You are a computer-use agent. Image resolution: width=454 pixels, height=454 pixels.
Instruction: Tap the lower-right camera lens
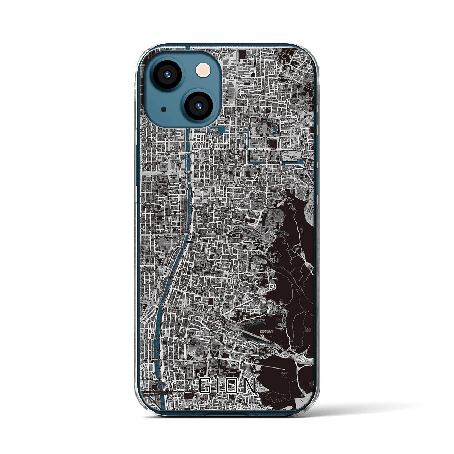point(198,105)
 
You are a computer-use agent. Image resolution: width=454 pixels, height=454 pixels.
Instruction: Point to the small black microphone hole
point(164,109)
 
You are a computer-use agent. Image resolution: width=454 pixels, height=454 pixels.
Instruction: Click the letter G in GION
point(205,385)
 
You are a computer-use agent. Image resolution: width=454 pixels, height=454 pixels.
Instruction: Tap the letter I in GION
point(217,385)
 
